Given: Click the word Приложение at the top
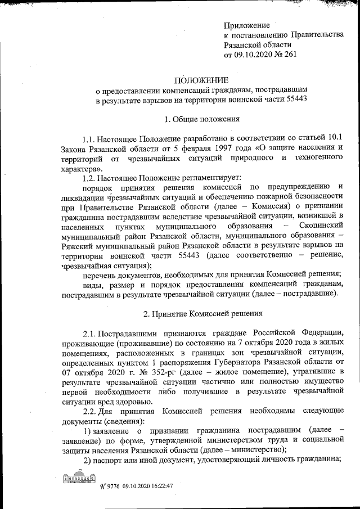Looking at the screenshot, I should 247,25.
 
